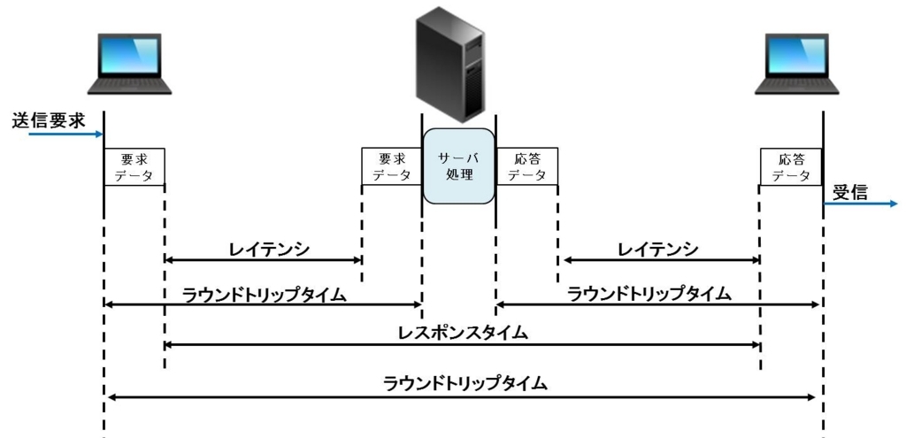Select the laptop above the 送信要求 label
pos(129,64)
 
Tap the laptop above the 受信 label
pos(797,64)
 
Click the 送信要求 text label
pos(49,121)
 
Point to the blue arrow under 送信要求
pos(65,134)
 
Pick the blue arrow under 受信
pos(861,204)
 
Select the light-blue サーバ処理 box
pos(459,166)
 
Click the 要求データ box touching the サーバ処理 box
pos(392,166)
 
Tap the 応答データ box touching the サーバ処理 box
pos(527,166)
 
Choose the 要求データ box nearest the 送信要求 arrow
pos(134,167)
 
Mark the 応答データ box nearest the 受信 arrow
pos(791,166)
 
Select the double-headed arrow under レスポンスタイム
pos(462,345)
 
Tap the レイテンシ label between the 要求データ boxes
pos(269,249)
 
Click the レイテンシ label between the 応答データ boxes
pos(658,249)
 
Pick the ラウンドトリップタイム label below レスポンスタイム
pos(465,384)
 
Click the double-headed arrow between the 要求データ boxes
pos(263,260)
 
